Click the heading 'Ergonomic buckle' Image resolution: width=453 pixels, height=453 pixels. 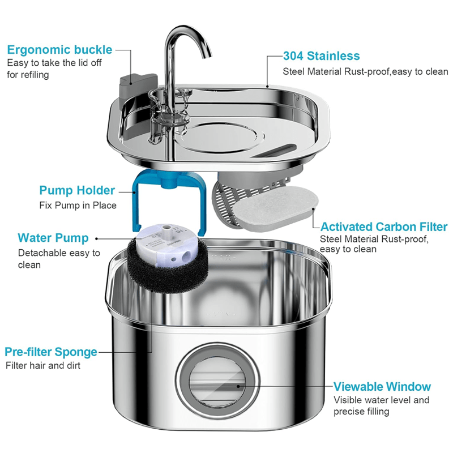tap(59, 49)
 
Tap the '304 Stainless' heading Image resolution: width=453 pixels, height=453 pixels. tap(321, 56)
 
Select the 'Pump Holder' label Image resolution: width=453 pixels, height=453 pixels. tap(77, 190)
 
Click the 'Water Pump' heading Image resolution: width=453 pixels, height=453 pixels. tap(53, 237)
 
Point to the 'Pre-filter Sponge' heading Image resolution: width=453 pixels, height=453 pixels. tap(51, 352)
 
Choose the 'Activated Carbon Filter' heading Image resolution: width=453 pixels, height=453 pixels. tap(383, 227)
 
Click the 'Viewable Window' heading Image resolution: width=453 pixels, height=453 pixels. tap(382, 387)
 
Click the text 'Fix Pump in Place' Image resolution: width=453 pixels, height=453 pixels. tap(78, 206)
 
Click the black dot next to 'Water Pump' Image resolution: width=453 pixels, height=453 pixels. tap(96, 238)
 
